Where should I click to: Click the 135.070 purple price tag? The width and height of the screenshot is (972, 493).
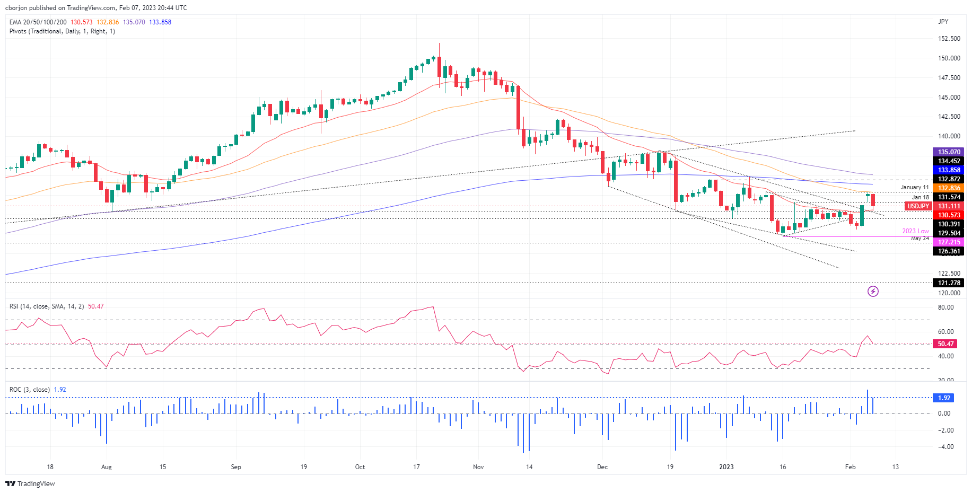(x=948, y=152)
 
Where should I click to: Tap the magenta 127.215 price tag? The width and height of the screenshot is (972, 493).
(x=948, y=242)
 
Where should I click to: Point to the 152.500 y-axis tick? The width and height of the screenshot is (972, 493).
(x=949, y=39)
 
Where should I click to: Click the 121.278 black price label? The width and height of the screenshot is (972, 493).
(x=948, y=283)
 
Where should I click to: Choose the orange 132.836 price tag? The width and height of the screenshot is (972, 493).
(x=948, y=188)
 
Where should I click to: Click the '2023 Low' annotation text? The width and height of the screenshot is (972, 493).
(x=915, y=231)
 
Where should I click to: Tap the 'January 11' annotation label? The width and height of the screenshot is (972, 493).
(x=914, y=188)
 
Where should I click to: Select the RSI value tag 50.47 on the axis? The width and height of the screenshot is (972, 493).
(x=945, y=344)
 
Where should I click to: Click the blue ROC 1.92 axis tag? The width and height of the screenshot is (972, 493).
(x=944, y=398)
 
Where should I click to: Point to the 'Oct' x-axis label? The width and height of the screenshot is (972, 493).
(x=360, y=467)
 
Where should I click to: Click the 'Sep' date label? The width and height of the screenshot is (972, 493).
(x=236, y=467)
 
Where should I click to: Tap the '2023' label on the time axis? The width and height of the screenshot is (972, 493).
(x=726, y=467)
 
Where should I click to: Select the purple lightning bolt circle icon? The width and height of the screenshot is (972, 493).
(x=873, y=291)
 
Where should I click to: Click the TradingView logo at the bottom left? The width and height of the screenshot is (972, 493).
(x=30, y=483)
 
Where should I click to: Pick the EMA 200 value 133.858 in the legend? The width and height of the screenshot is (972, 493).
(x=160, y=22)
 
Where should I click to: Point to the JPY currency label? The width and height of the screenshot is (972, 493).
(x=943, y=22)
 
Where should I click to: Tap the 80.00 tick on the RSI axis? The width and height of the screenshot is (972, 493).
(x=945, y=307)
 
